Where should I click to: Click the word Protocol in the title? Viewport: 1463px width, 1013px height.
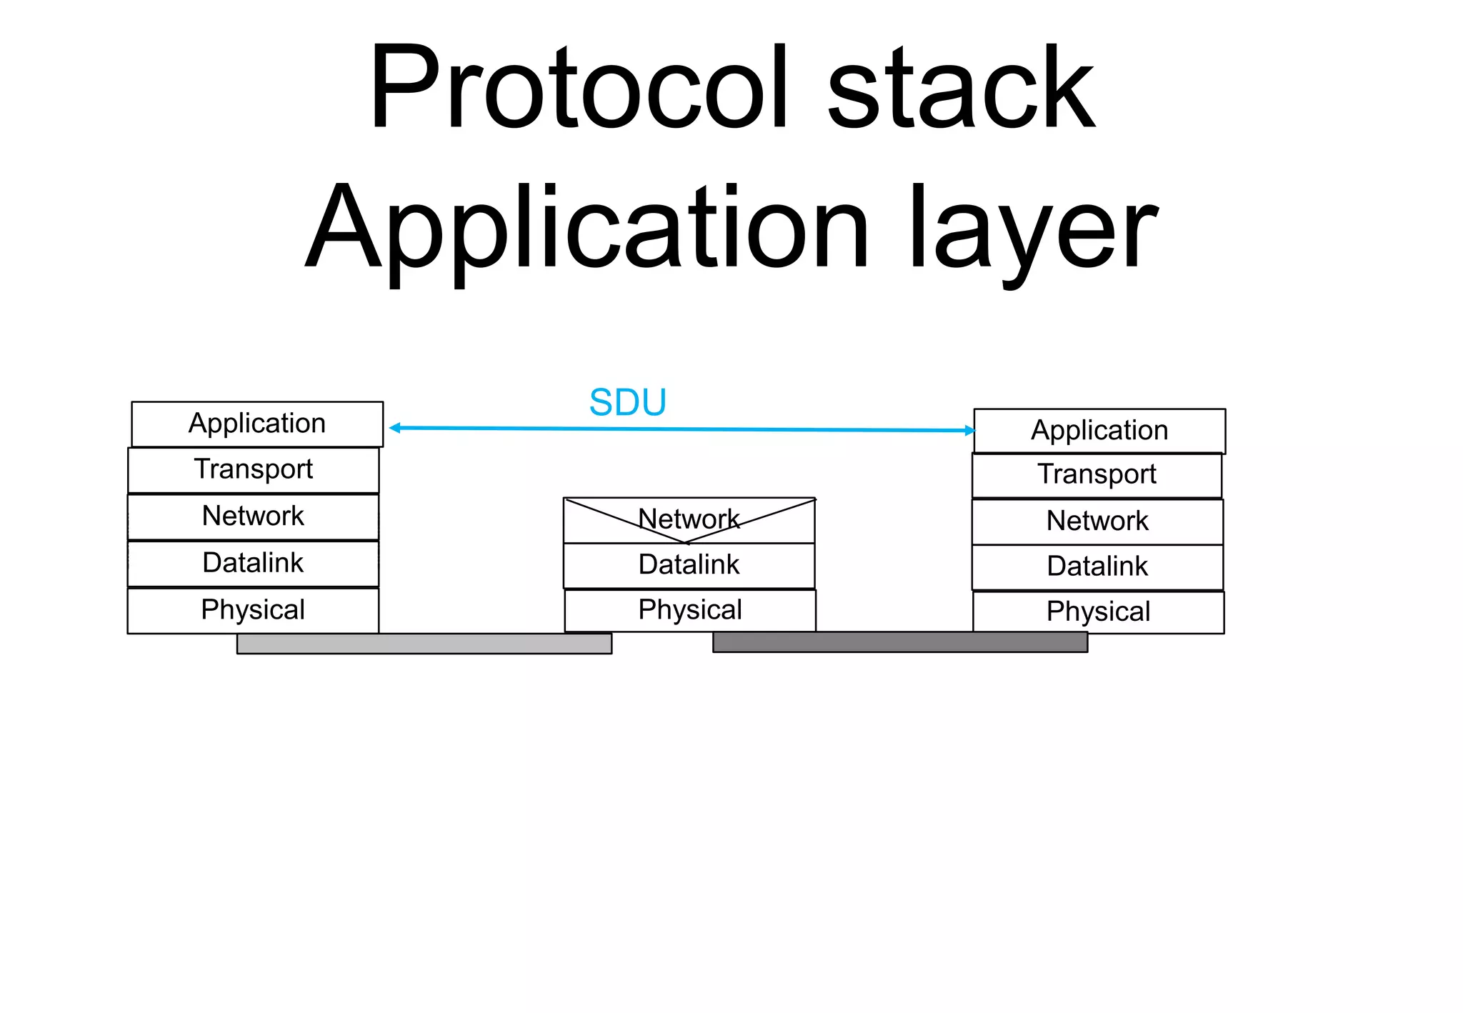[x=579, y=87]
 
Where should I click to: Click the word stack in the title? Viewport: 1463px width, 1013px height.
[x=961, y=87]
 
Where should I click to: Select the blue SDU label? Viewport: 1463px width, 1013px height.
[x=627, y=402]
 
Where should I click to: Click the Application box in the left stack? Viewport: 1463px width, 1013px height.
[x=257, y=424]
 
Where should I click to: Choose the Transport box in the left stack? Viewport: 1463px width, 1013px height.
[x=254, y=470]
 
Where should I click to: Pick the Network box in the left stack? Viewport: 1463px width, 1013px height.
[x=254, y=517]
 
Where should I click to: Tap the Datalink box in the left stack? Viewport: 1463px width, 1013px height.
[x=254, y=564]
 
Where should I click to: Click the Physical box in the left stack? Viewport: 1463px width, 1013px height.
[x=254, y=610]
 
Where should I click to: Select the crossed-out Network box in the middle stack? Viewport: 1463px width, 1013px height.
[x=689, y=520]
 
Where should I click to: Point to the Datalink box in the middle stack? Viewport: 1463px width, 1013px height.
[x=689, y=565]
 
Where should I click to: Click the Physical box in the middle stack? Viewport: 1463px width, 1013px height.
[x=690, y=610]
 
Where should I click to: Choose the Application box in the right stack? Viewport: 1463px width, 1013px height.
[x=1099, y=431]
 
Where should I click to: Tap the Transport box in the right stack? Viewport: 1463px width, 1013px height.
[x=1097, y=475]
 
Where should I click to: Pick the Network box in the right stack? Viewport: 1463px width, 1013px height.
[x=1097, y=522]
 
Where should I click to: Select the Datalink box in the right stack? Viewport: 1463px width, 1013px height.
[x=1097, y=567]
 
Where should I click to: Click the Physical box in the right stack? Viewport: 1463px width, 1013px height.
[x=1099, y=612]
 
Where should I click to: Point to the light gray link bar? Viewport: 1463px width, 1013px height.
[x=424, y=644]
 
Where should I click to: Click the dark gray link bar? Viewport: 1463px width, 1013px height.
[x=900, y=642]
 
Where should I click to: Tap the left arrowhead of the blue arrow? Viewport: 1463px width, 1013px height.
[x=394, y=428]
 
